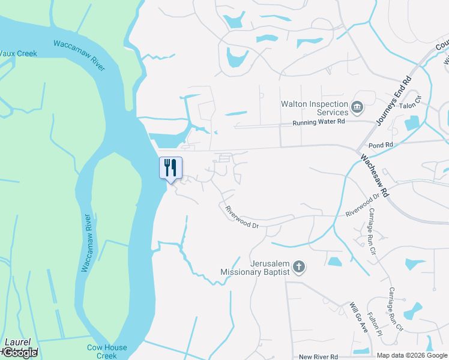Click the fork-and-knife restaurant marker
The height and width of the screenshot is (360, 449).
point(170,167)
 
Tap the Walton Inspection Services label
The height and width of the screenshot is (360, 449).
point(315,108)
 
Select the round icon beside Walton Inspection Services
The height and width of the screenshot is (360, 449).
point(358,108)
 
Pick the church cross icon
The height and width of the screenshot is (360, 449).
point(300,266)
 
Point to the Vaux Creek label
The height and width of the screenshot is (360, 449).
point(18,53)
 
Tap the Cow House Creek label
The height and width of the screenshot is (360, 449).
point(107,351)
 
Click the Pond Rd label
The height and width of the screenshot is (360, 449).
point(381,145)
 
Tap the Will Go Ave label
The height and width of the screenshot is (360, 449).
point(360,317)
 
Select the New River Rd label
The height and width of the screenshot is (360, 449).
point(318,356)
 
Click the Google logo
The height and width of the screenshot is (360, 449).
point(20,352)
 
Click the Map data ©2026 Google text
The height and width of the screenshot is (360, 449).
point(412,355)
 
